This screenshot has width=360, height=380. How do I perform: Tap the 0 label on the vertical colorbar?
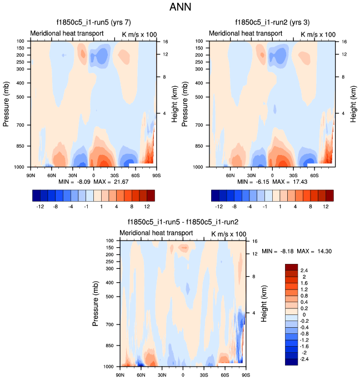pos(303,314)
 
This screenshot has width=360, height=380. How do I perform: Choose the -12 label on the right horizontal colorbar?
pos(221,206)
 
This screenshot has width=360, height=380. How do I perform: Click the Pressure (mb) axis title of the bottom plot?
pos(96,304)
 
